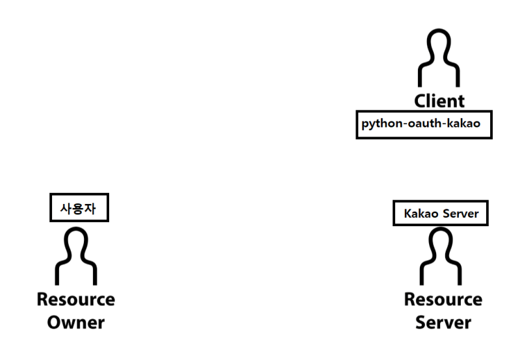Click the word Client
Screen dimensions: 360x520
(440, 101)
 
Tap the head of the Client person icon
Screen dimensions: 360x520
(440, 46)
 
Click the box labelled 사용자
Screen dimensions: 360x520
(79, 209)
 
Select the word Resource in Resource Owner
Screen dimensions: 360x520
(76, 300)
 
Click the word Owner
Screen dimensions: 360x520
(76, 322)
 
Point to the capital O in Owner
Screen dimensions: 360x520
(55, 322)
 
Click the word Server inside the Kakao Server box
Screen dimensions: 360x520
(461, 213)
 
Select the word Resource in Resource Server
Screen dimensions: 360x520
(443, 300)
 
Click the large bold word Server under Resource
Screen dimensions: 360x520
(443, 322)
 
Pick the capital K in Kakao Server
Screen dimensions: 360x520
(408, 213)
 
